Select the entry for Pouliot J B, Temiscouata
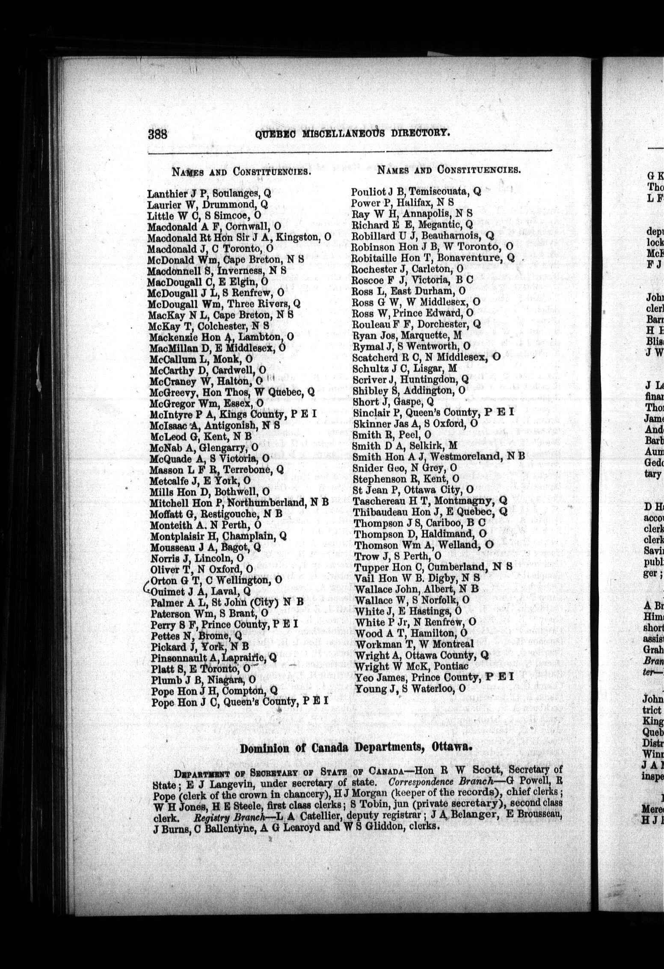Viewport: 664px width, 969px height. click(x=416, y=191)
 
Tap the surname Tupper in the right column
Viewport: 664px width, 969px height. click(x=367, y=568)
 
